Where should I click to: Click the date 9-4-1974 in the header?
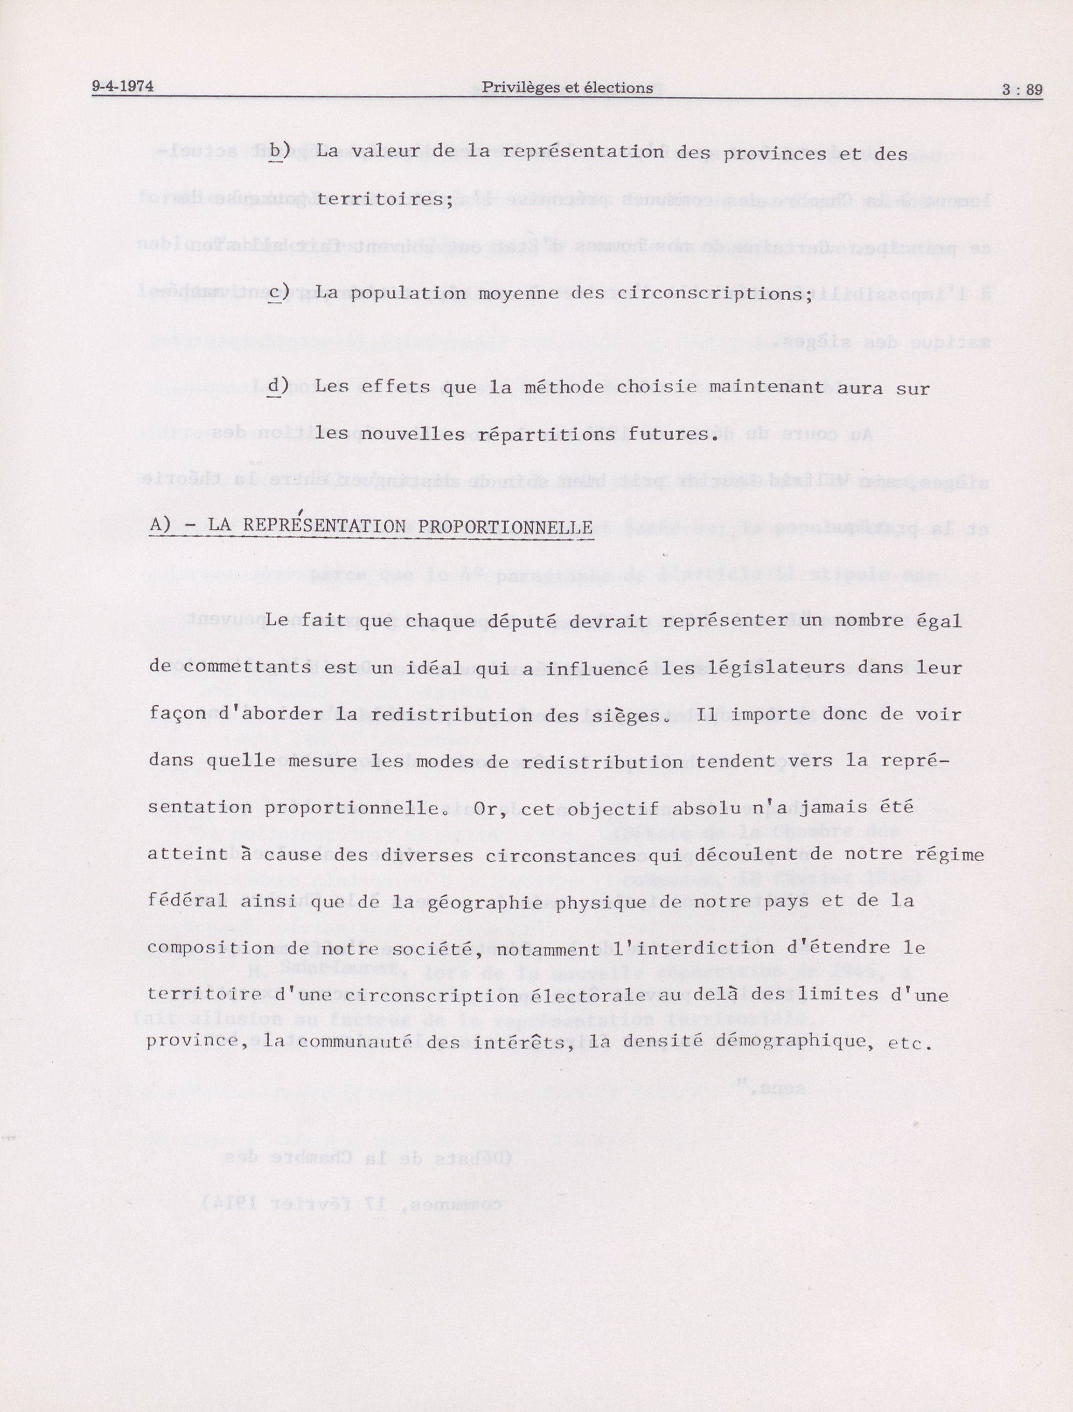[x=123, y=86]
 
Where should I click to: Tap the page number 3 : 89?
[x=1022, y=90]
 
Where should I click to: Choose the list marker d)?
[x=279, y=386]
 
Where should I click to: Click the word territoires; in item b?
[x=384, y=199]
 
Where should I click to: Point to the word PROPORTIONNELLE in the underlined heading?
[x=505, y=527]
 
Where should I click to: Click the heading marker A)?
[x=160, y=525]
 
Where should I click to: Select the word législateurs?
[x=756, y=667]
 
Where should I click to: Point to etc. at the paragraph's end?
[x=906, y=1043]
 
